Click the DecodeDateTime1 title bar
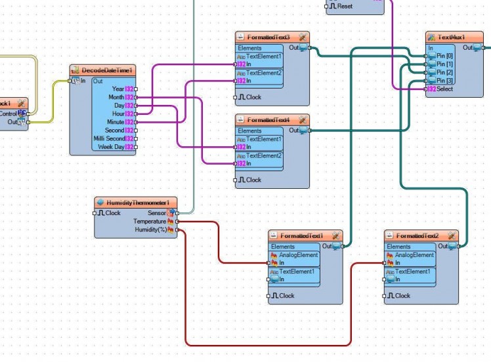pos(106,70)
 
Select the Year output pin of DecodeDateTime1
pos(135,89)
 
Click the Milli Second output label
pos(108,138)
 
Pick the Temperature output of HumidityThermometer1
pos(177,222)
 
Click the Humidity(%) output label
pos(150,230)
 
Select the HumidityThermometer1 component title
pos(138,203)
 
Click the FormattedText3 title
pos(268,37)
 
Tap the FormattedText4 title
pos(268,120)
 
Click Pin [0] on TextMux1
pos(445,56)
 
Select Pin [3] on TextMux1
pos(445,81)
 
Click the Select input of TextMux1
pos(444,89)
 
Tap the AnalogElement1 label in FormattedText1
pos(298,255)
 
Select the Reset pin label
pos(345,7)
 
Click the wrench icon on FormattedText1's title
pos(335,235)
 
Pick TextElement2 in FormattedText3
pos(264,73)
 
